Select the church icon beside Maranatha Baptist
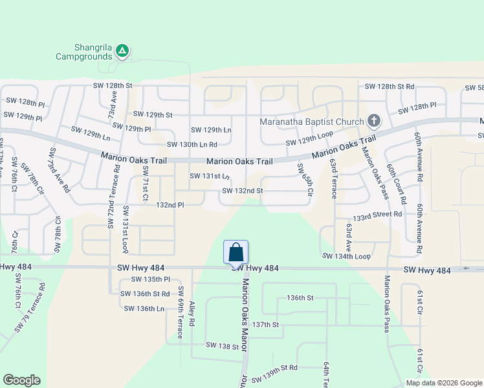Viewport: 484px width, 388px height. (x=373, y=120)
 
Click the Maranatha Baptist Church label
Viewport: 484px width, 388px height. (x=313, y=121)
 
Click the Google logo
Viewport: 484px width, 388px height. (x=21, y=380)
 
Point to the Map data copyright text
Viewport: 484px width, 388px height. (x=444, y=383)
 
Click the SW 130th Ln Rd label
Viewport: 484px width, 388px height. (x=192, y=145)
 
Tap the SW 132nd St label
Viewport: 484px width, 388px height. (x=243, y=191)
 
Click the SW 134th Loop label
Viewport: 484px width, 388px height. (x=347, y=256)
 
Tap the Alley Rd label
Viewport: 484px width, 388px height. (x=192, y=312)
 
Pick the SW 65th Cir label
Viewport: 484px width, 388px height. (x=303, y=181)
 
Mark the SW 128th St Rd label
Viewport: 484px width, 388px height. (x=390, y=86)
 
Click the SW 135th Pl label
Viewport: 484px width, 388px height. (x=150, y=279)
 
